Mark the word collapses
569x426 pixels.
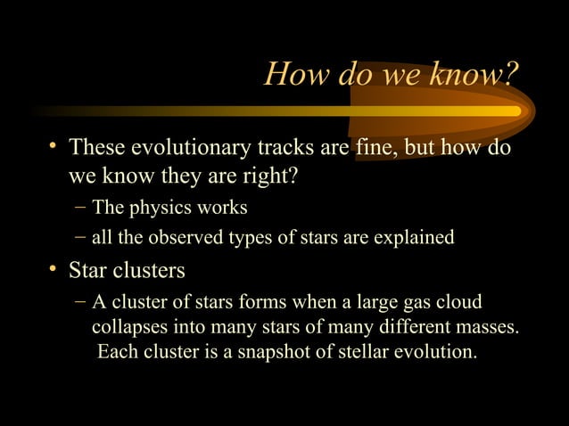tap(128, 327)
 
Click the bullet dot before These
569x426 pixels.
tap(55, 146)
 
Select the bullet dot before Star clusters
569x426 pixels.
tap(55, 268)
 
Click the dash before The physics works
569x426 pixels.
tap(80, 208)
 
